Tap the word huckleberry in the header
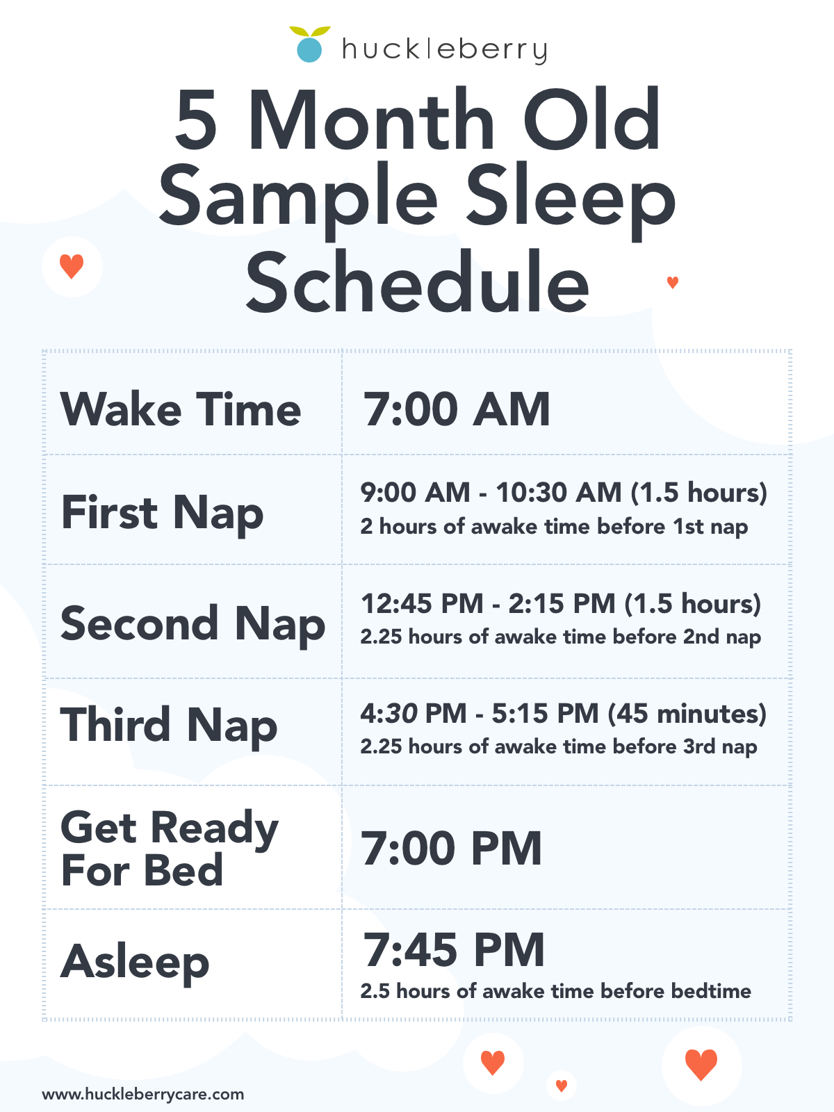click(x=445, y=50)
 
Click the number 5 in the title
click(x=197, y=120)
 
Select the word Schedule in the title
click(x=417, y=281)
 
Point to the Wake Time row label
click(x=181, y=409)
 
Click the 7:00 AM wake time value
click(x=457, y=409)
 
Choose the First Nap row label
click(x=162, y=513)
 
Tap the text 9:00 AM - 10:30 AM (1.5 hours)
click(x=564, y=493)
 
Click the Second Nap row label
click(x=193, y=624)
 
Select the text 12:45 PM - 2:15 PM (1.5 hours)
click(x=561, y=603)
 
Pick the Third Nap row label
click(x=169, y=726)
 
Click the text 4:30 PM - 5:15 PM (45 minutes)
click(x=563, y=714)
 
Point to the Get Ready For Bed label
click(x=169, y=848)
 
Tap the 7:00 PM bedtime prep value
click(x=451, y=849)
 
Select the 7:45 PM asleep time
click(x=453, y=950)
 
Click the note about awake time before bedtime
click(x=555, y=991)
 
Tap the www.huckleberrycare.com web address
click(x=142, y=1094)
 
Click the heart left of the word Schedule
click(x=72, y=266)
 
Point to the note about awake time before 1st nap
click(x=554, y=527)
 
